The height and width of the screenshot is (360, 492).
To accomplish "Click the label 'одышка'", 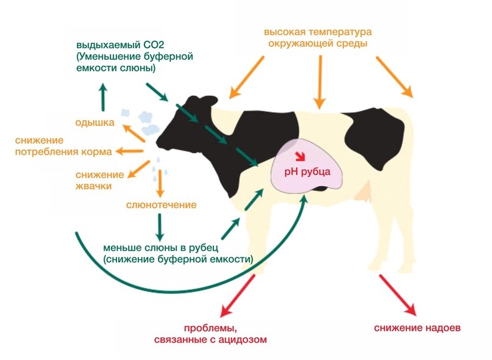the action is [x=94, y=122].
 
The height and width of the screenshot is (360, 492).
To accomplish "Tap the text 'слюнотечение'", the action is [x=162, y=205].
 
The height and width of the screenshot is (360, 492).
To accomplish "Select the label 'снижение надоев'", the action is [x=418, y=328].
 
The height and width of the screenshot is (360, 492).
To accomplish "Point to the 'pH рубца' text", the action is [x=307, y=172].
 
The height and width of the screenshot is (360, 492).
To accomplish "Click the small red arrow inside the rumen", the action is [x=301, y=156].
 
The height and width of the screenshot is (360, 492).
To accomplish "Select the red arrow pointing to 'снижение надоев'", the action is [x=398, y=295].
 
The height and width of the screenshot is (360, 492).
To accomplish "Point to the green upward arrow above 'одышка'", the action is [x=102, y=97].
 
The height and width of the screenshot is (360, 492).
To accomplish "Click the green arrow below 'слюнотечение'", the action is [x=160, y=228].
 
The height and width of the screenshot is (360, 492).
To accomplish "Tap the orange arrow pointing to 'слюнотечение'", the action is [x=160, y=184].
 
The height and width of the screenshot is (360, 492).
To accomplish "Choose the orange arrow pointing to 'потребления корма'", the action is [x=130, y=151].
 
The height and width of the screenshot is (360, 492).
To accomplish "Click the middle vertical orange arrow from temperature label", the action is [x=319, y=82].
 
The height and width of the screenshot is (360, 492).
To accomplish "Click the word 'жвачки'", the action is [x=93, y=186].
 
